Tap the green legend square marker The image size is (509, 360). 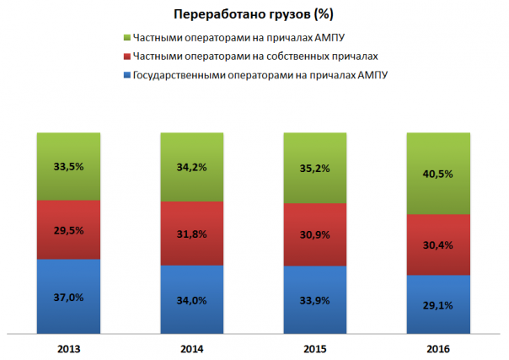coord(126,38)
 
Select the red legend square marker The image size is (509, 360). coord(126,56)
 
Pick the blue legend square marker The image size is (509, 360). coord(126,75)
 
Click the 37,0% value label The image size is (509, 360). coord(68,298)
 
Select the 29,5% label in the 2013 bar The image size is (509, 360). coord(68,230)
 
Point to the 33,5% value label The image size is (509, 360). coord(68,166)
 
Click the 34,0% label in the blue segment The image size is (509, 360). coord(192,301)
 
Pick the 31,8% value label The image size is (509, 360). coord(192,234)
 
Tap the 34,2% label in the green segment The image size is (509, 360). coord(192,167)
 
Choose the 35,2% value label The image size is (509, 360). coord(315,168)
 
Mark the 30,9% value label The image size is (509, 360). coord(315,235)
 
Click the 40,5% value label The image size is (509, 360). coord(439,174)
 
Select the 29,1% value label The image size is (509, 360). coord(439,306)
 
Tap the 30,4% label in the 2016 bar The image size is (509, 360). coord(439,245)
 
